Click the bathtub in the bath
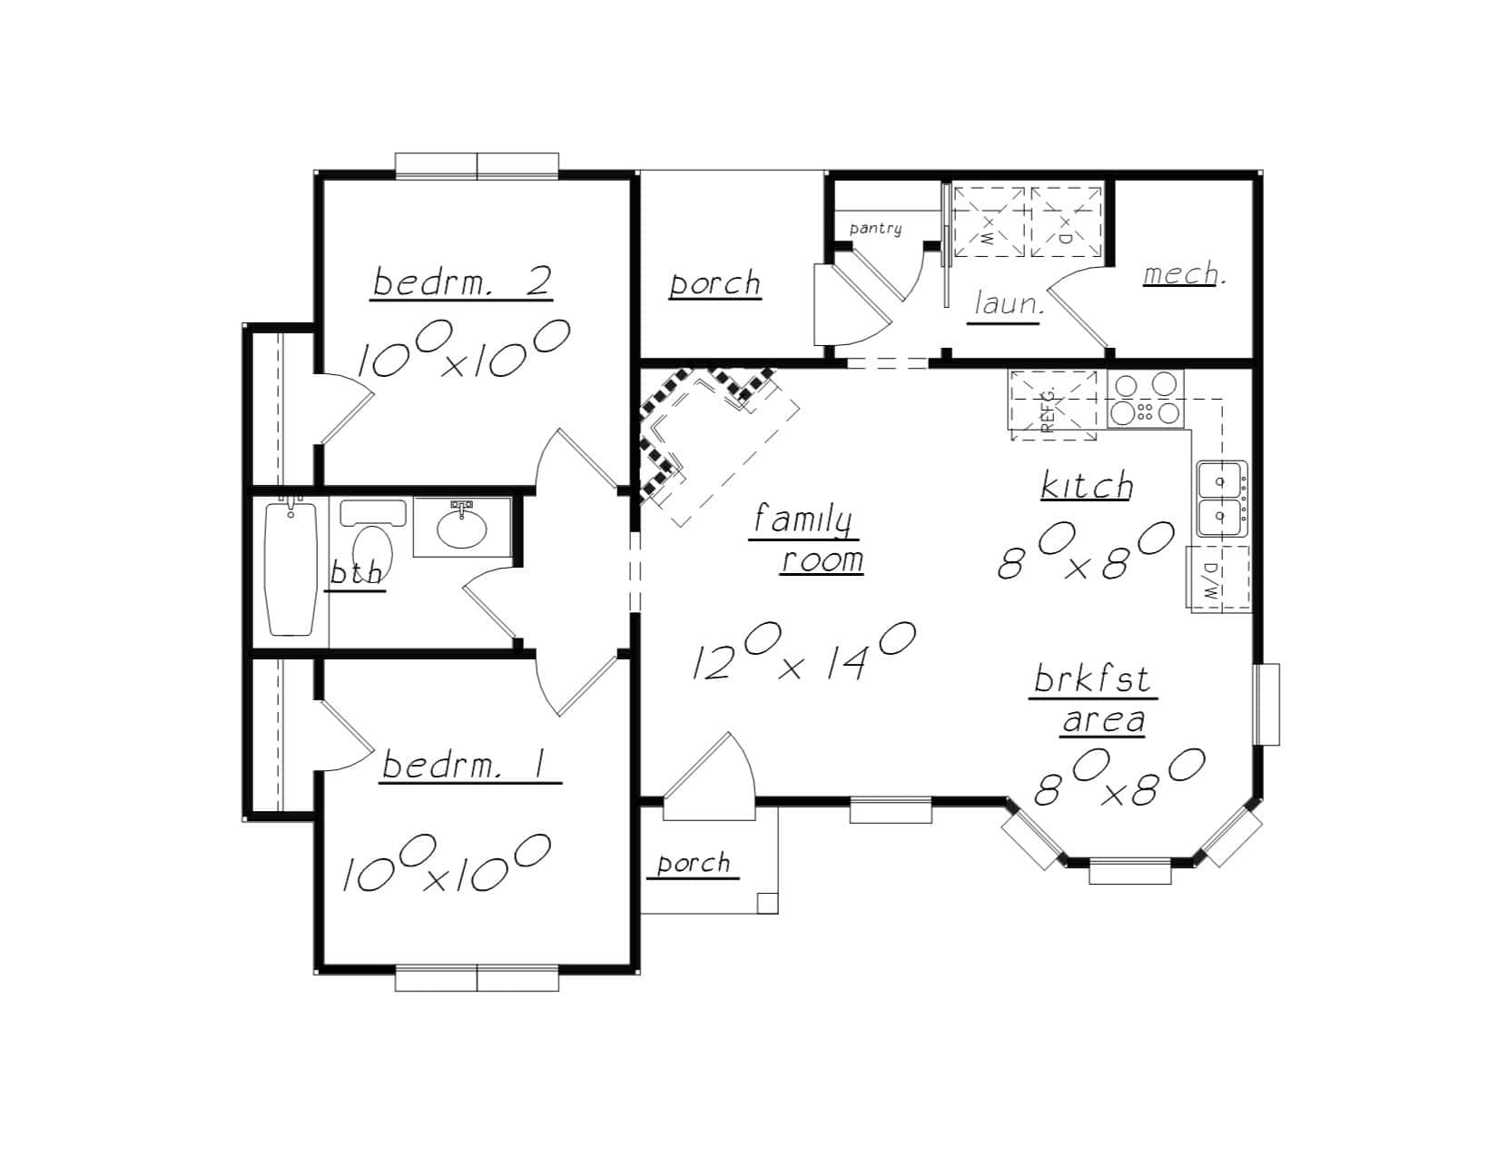(x=291, y=568)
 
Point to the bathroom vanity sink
(x=461, y=528)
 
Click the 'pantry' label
(x=875, y=228)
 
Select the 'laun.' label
(x=1008, y=304)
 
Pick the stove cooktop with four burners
(x=1146, y=400)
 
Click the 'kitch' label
(x=1086, y=486)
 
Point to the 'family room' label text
(x=806, y=539)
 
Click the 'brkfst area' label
(x=1093, y=699)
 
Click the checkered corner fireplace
(x=690, y=427)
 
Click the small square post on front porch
(x=766, y=902)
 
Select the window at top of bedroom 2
(x=477, y=165)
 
